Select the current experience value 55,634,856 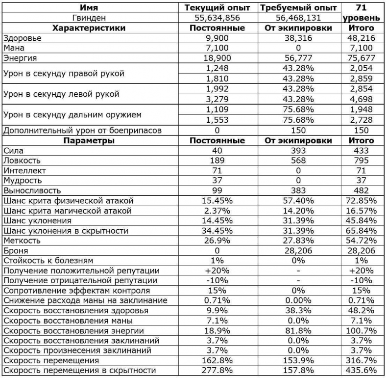coord(217,18)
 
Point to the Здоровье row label coord(23,38)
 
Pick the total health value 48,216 coord(363,38)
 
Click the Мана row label coord(14,48)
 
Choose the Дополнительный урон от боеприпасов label coord(82,131)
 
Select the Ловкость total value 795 coord(363,161)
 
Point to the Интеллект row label coord(25,171)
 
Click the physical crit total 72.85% coord(363,201)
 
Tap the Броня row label coord(15,251)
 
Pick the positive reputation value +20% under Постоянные coord(217,270)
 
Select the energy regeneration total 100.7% coord(363,330)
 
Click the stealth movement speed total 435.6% coord(363,370)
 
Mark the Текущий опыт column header coord(217,8)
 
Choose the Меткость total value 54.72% coord(363,241)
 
